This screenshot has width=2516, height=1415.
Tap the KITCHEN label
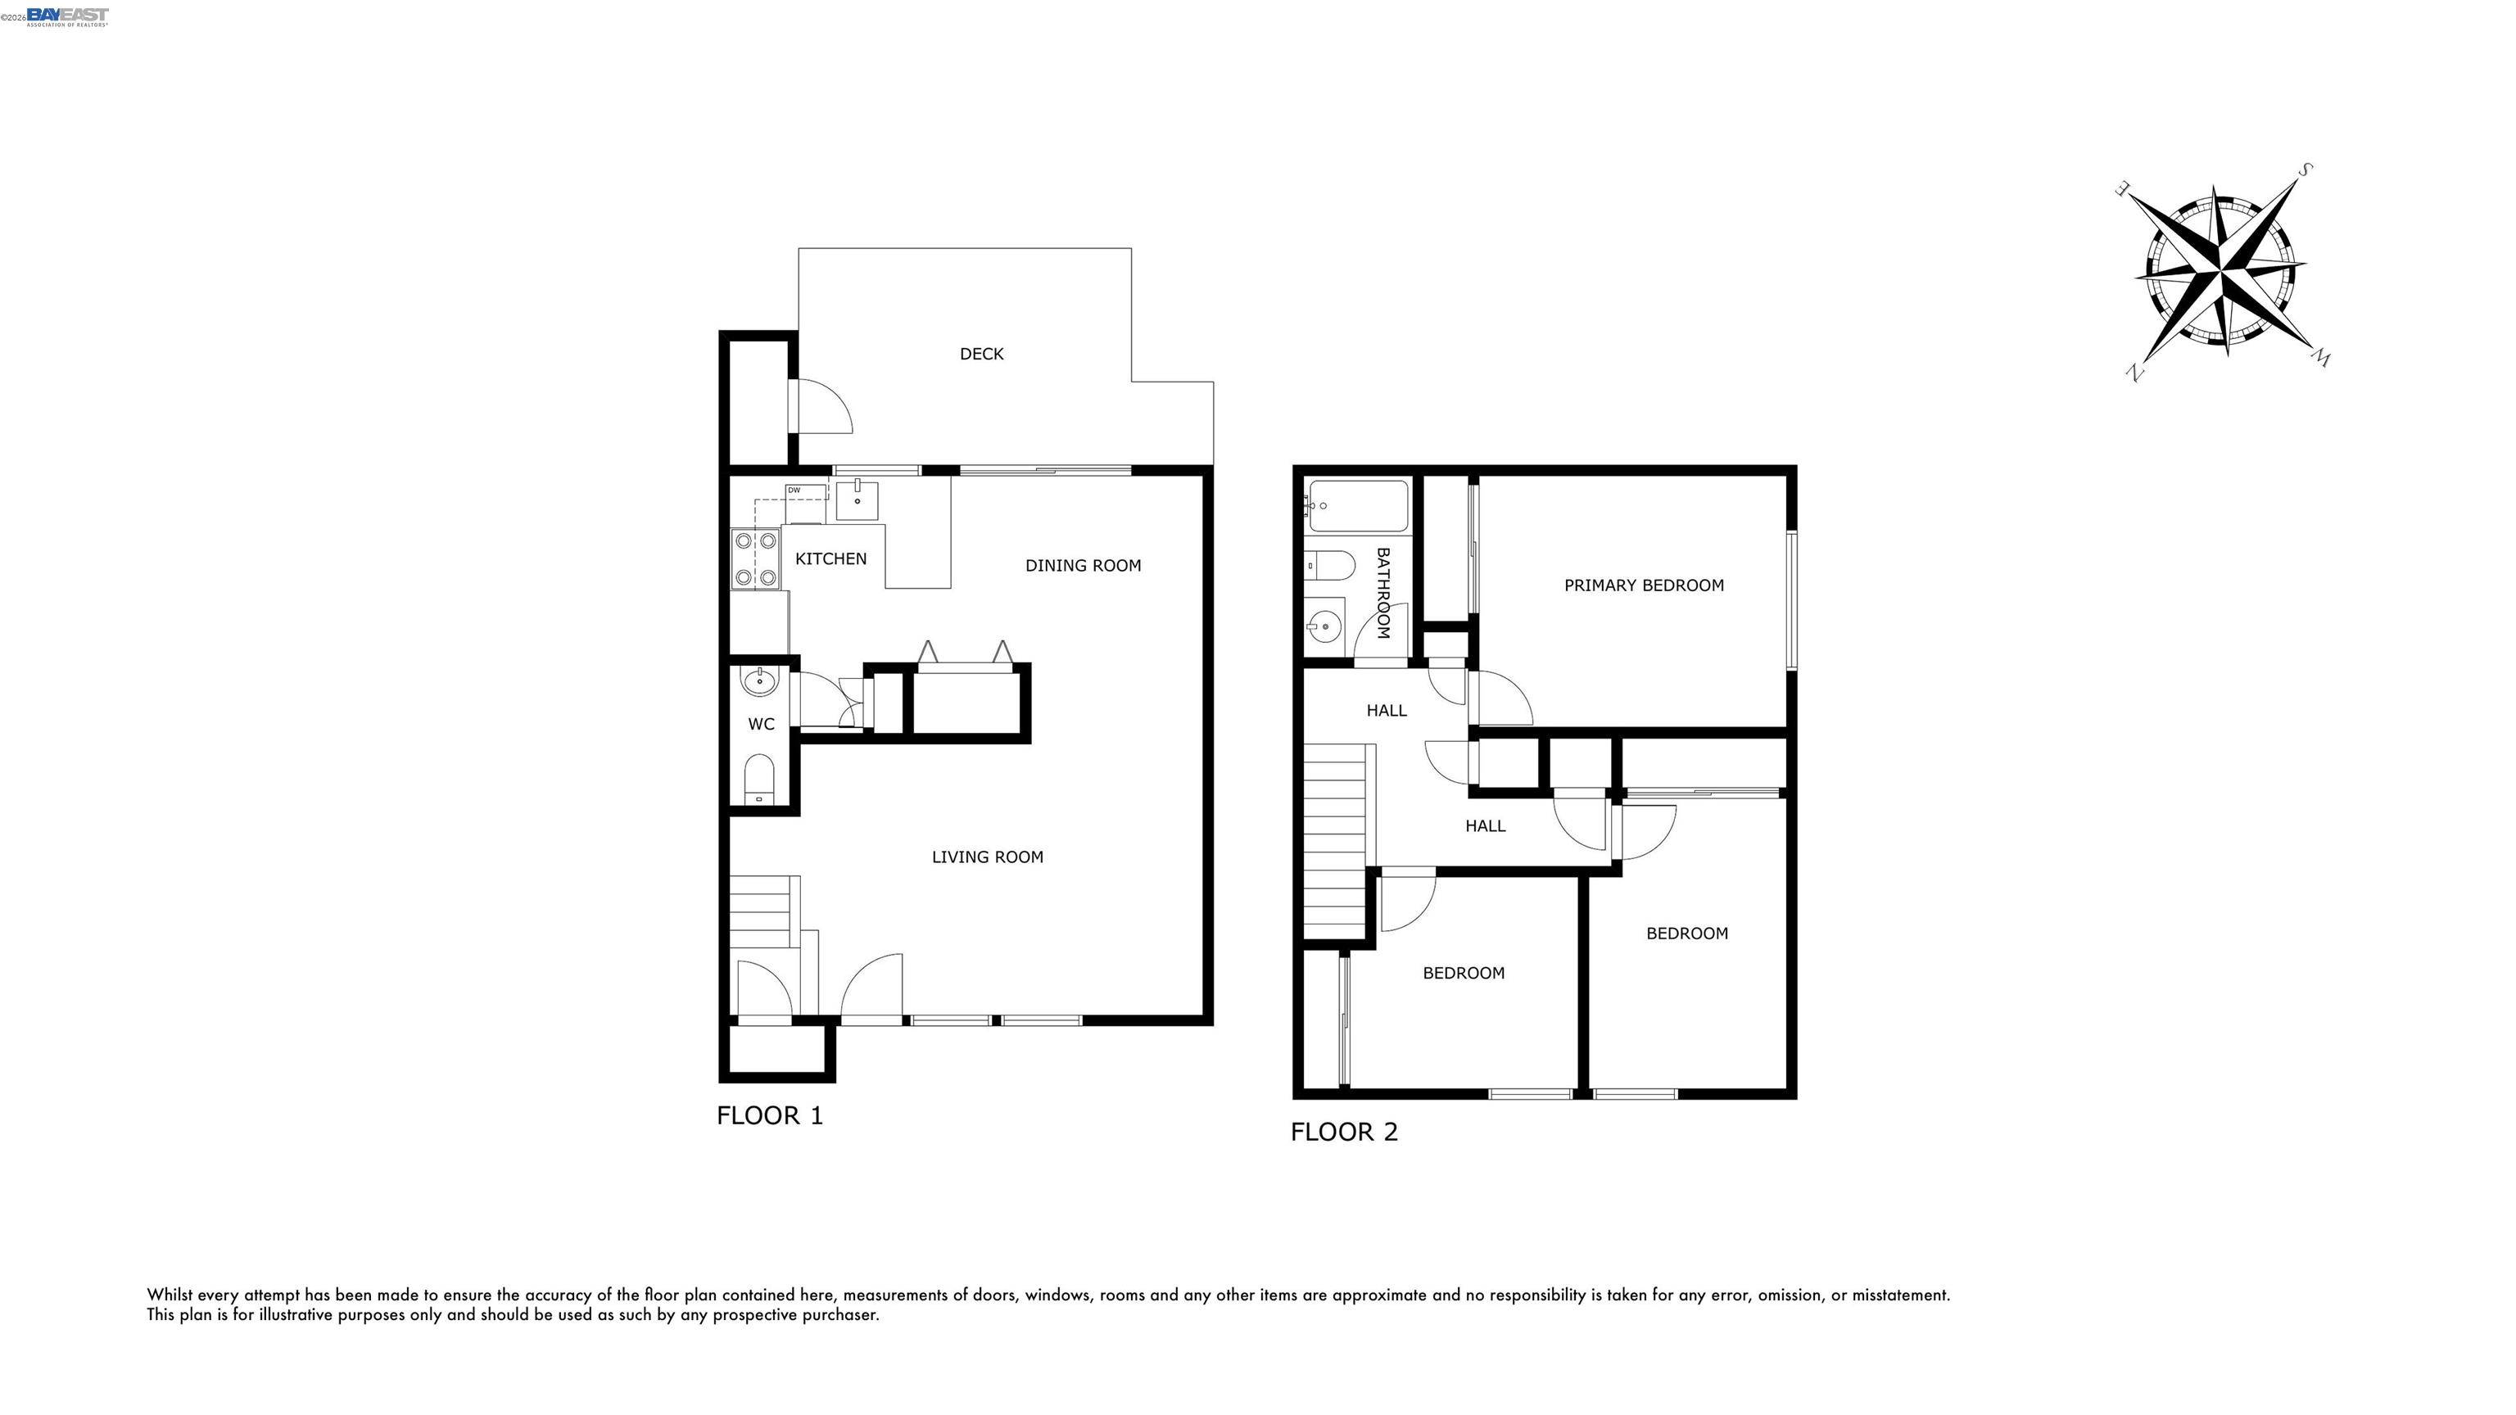click(x=830, y=558)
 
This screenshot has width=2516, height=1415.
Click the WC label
click(x=761, y=725)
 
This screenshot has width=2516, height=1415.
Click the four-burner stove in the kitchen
click(x=756, y=558)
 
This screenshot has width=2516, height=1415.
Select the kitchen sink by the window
click(x=857, y=499)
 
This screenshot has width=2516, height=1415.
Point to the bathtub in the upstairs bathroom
click(x=1358, y=506)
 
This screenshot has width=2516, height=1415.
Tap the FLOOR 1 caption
click(x=770, y=1115)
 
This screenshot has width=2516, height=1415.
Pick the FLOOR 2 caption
click(x=1344, y=1132)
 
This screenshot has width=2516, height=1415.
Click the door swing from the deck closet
click(x=822, y=405)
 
